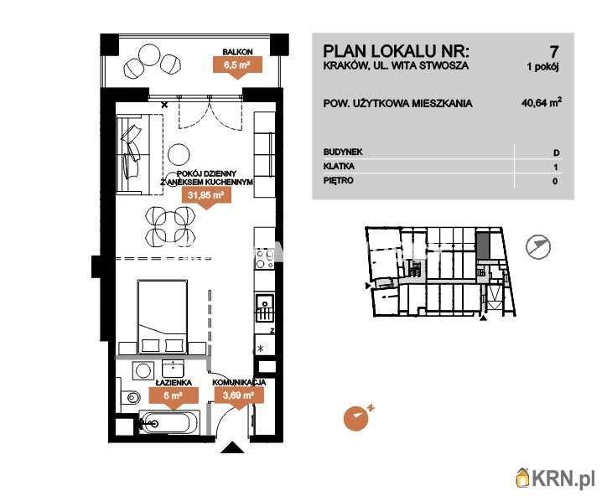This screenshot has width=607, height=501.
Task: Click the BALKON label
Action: [x=238, y=51]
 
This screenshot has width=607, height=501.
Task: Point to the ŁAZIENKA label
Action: [x=174, y=383]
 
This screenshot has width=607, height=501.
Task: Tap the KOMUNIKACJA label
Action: [x=239, y=383]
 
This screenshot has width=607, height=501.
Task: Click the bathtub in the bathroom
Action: [x=169, y=422]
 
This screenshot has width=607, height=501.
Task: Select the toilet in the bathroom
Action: [x=131, y=397]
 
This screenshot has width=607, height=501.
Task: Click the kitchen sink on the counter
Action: [x=265, y=308]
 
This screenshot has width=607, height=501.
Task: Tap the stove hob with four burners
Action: [x=264, y=258]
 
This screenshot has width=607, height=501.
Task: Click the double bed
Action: [x=162, y=317]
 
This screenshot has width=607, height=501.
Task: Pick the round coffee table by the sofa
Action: [x=179, y=154]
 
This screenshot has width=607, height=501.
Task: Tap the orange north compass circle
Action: [x=355, y=419]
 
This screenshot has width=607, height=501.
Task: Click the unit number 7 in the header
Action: [x=554, y=51]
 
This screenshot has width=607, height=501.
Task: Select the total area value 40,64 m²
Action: [x=542, y=102]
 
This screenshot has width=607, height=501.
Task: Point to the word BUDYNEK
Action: [x=343, y=152]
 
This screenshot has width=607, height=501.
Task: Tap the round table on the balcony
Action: [x=148, y=55]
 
